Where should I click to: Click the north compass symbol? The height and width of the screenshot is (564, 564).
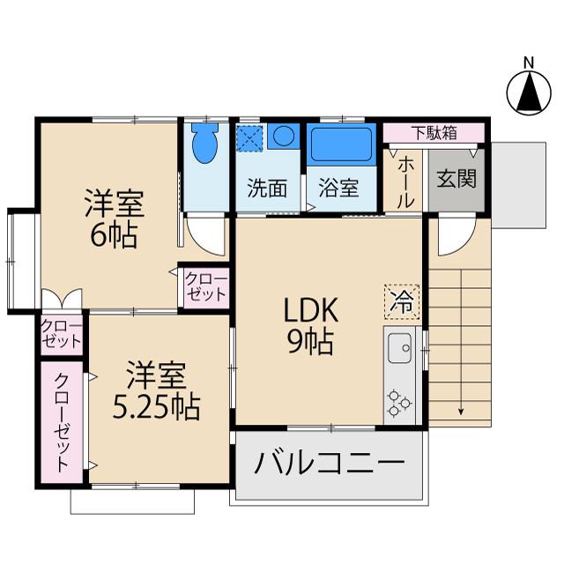[x=527, y=92]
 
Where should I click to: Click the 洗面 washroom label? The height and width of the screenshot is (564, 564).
[x=267, y=187]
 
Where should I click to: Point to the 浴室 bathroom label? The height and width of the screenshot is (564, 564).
[x=339, y=187]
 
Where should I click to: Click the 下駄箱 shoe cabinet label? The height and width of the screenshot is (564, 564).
[x=434, y=133]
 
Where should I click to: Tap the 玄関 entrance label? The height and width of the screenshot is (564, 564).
[x=456, y=178]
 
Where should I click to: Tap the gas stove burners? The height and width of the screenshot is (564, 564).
[x=399, y=402]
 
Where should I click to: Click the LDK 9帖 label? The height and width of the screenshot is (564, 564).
[x=308, y=324]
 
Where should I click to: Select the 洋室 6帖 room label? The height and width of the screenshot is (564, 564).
[x=113, y=220]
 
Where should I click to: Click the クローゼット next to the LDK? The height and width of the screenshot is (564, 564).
[x=205, y=287]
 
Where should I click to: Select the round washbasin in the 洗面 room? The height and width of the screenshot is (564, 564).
[x=282, y=137]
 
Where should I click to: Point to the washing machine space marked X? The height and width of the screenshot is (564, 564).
[x=247, y=137]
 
